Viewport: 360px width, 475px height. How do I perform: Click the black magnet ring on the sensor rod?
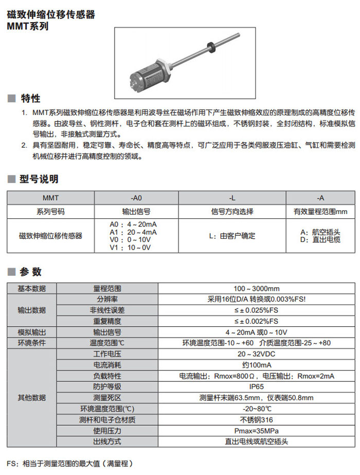[210, 45]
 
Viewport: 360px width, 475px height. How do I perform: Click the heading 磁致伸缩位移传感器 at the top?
[51, 14]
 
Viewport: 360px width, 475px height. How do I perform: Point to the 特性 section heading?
[30, 98]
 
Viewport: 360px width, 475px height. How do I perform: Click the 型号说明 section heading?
[39, 179]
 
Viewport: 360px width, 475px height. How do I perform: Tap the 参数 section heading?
[30, 272]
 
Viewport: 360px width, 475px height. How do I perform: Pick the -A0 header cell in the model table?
[136, 198]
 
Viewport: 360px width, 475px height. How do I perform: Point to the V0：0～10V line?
[130, 240]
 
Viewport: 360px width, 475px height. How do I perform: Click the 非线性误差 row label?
[107, 310]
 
